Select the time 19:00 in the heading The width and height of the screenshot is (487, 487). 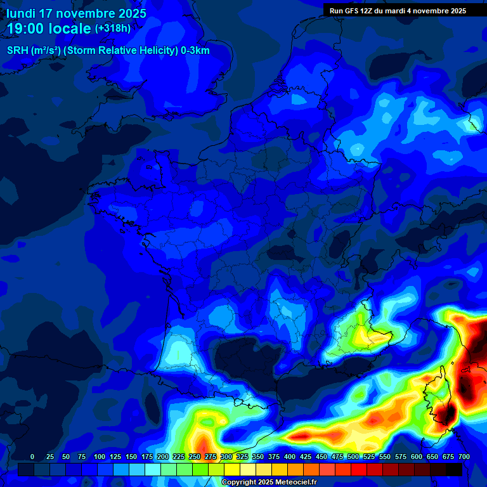point(29,29)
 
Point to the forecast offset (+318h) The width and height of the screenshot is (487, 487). point(113,29)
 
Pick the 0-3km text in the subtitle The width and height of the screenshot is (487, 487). point(196,51)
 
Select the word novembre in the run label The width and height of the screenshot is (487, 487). point(431,10)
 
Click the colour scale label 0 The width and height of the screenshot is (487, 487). point(32,457)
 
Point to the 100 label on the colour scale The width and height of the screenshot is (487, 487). point(100,457)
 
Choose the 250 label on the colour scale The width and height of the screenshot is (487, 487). point(195,457)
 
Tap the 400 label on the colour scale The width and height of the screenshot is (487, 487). point(290,457)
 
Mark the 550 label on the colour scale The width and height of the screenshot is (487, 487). point(385,457)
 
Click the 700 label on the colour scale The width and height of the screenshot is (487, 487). point(464,457)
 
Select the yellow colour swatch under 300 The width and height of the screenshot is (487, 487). point(232,469)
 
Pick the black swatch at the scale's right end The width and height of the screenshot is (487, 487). point(454,469)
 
